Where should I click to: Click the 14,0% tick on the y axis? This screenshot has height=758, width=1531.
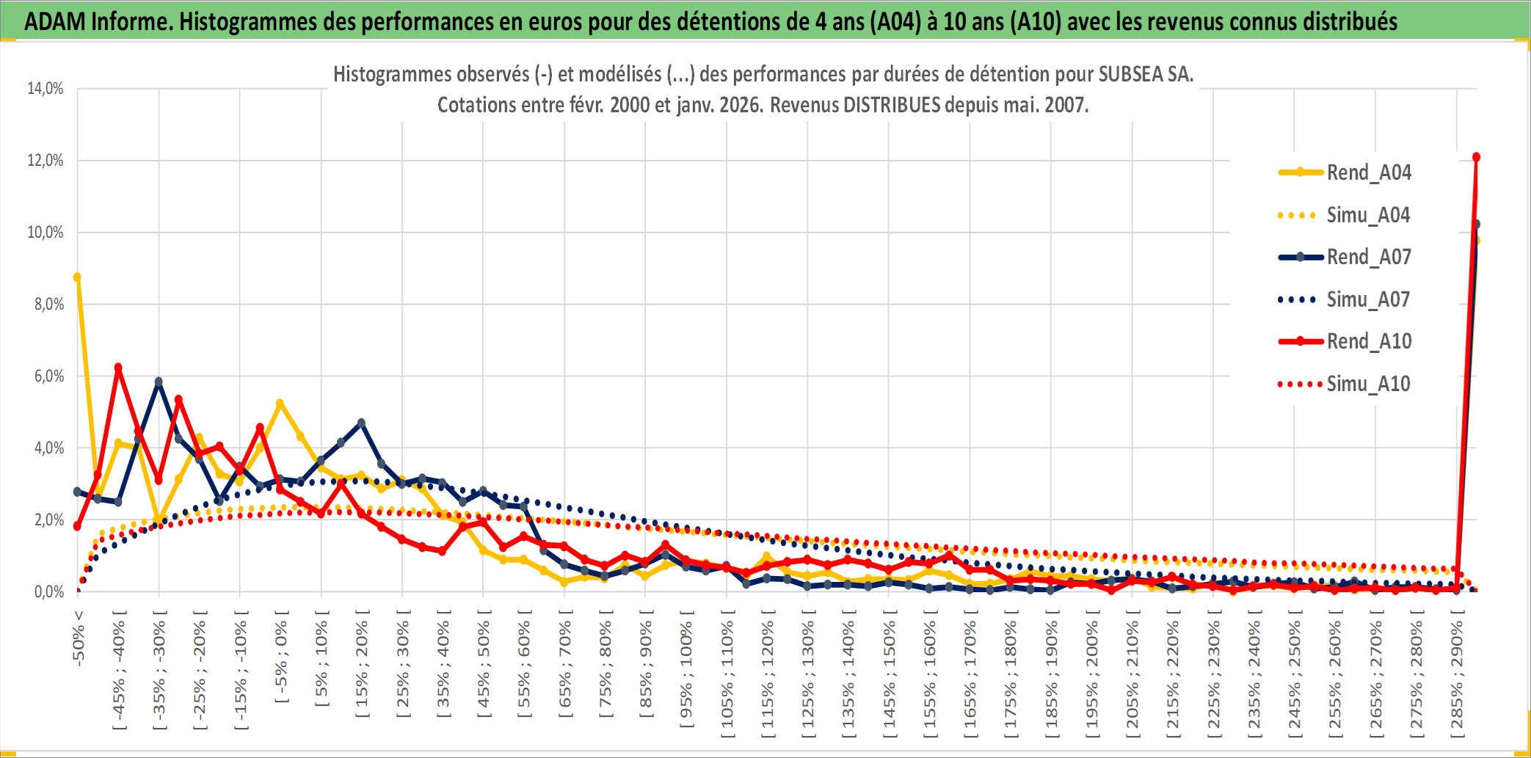click(x=46, y=89)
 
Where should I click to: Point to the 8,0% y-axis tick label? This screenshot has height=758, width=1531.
click(x=48, y=304)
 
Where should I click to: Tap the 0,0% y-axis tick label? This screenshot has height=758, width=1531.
click(x=48, y=591)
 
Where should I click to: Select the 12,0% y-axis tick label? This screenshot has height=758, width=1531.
click(x=46, y=160)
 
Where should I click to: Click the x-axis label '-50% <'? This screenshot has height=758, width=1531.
click(x=79, y=638)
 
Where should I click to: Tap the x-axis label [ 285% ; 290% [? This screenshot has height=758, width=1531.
click(x=1457, y=679)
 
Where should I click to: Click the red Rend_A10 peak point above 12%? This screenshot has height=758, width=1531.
click(x=1476, y=157)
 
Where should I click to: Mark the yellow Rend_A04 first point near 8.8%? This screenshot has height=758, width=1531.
click(x=77, y=277)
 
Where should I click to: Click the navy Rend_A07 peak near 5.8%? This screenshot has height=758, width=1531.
click(x=159, y=382)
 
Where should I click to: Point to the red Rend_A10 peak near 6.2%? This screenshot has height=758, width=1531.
click(x=118, y=368)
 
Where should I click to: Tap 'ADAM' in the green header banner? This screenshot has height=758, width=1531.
click(x=54, y=21)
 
